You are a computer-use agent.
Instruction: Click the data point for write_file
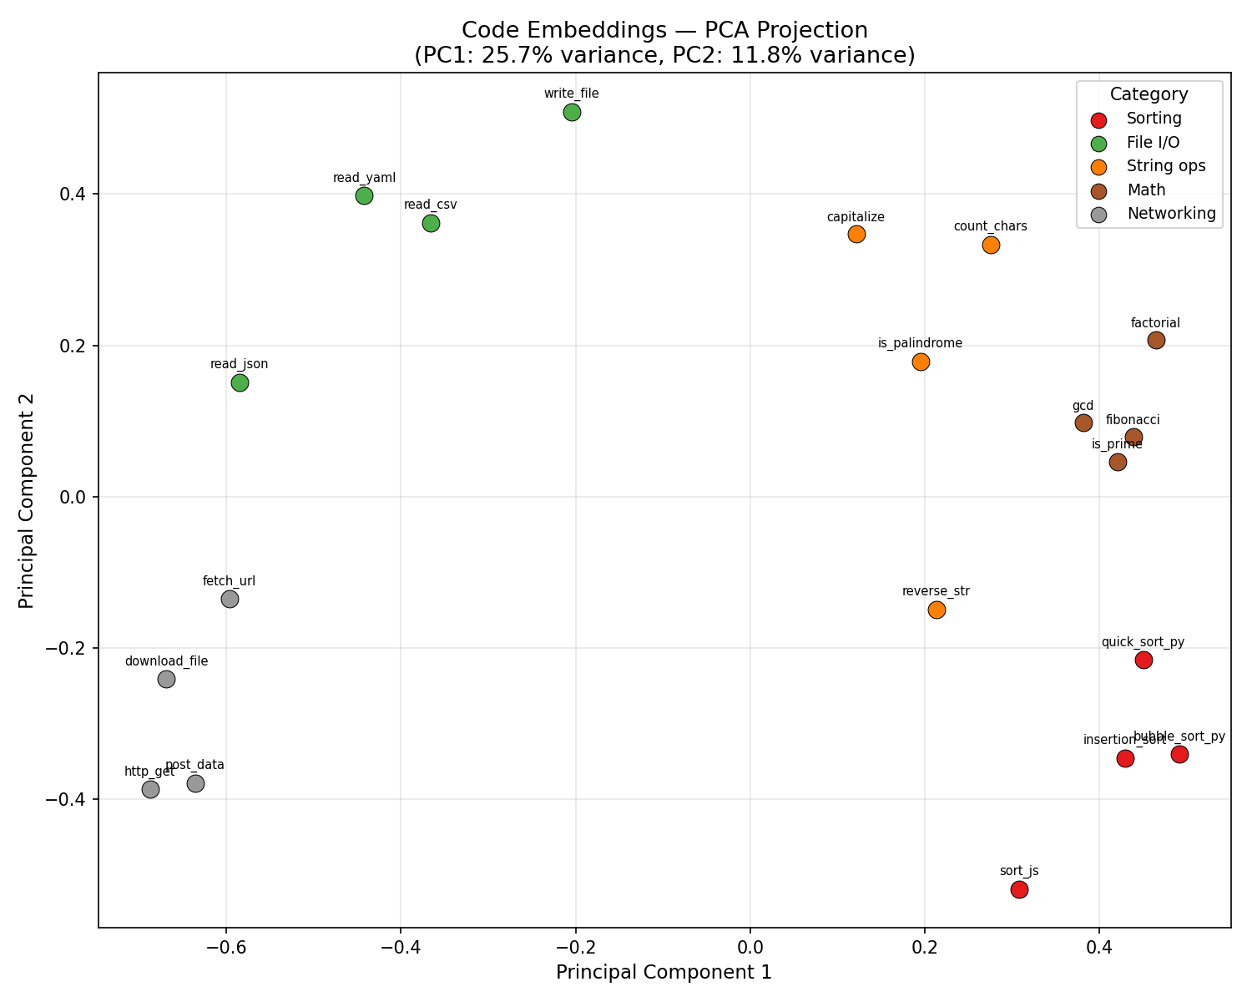[572, 112]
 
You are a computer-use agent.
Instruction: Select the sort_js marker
[1019, 889]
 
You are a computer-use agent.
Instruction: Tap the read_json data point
[240, 382]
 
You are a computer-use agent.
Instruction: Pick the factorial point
[1156, 340]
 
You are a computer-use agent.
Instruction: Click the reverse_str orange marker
[936, 610]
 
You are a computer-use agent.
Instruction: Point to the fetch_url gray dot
[230, 599]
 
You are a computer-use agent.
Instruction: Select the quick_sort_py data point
[1143, 660]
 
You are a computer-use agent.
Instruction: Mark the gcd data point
[1083, 423]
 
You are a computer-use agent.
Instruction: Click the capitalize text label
[856, 217]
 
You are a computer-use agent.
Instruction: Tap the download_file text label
[166, 661]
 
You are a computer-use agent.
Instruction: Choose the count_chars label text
[990, 226]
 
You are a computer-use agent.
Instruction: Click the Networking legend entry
[1171, 213]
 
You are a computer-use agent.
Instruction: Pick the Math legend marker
[1099, 191]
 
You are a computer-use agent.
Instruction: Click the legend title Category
[1149, 94]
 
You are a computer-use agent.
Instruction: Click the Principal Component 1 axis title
[664, 972]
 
